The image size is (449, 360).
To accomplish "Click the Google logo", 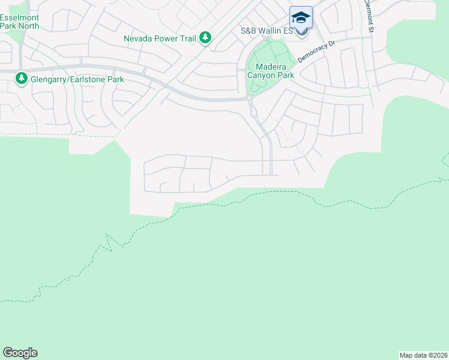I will (20, 353).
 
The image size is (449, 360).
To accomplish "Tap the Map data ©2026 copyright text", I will (423, 355).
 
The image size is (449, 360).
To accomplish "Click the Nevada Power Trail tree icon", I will (205, 38).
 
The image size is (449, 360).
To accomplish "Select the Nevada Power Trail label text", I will (160, 38).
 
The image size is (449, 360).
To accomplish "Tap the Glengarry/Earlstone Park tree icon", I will (22, 79).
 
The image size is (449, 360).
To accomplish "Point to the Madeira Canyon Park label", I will (274, 71).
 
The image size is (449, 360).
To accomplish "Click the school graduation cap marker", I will (301, 17).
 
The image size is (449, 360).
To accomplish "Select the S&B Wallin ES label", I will (267, 31).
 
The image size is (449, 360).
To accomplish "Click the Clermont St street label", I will (369, 16).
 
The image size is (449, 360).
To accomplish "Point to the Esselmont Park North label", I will (20, 22).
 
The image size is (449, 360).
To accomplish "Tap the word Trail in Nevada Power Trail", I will (187, 38).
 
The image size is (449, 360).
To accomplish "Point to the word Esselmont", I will (20, 17).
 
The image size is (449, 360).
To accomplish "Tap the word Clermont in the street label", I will (368, 11).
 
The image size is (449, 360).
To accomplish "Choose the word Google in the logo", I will (20, 353).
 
